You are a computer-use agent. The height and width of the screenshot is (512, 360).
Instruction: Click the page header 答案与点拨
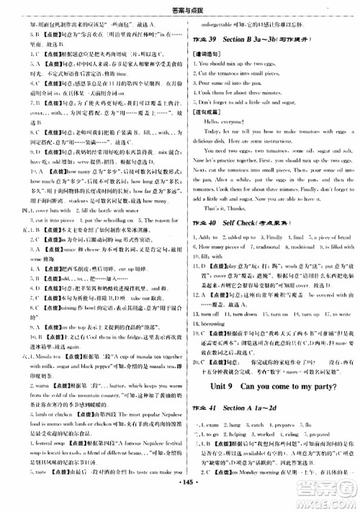(x=181, y=6)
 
